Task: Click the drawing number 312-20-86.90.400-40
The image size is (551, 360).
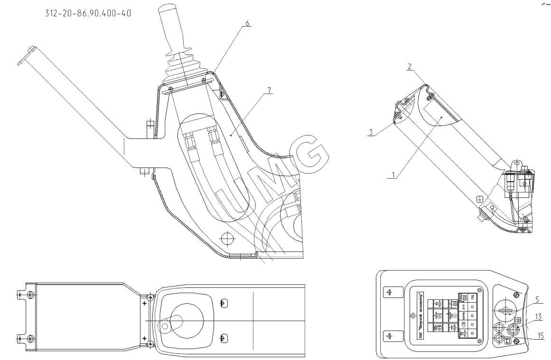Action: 88,13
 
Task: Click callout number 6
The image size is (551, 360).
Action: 247,24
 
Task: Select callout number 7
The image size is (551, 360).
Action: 269,91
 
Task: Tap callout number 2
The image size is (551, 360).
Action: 409,66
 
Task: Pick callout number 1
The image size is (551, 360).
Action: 391,174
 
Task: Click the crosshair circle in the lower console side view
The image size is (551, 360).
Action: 227,237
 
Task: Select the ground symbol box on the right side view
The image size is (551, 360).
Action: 480,199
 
